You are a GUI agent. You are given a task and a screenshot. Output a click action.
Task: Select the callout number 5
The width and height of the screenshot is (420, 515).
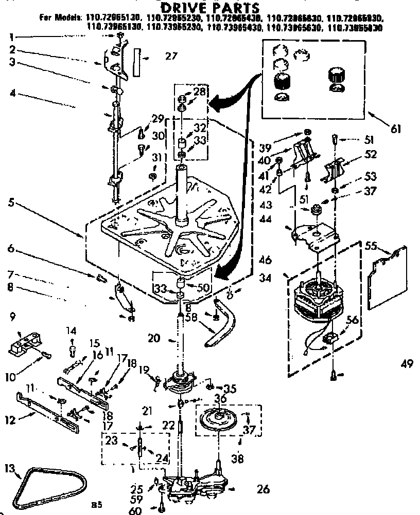[11, 202]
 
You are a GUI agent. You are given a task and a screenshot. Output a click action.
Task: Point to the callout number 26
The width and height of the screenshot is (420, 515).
[262, 489]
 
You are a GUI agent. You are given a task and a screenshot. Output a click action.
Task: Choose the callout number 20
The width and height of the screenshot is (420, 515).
[154, 338]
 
